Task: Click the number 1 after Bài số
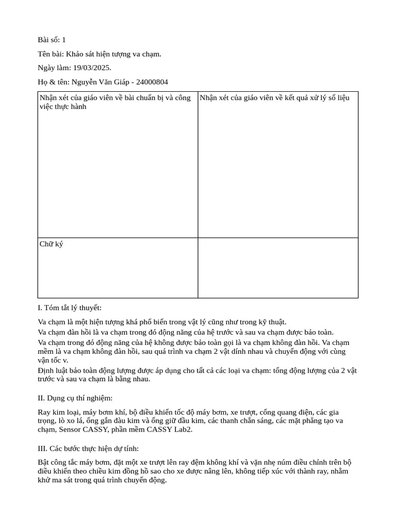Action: [x=63, y=40]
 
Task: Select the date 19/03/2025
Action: [x=92, y=68]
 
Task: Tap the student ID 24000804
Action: [x=152, y=81]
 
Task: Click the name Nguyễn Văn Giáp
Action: [x=100, y=81]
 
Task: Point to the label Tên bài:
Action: [x=50, y=54]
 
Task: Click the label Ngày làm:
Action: [x=54, y=68]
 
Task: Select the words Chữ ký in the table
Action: [x=51, y=244]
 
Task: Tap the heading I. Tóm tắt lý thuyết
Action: [x=70, y=308]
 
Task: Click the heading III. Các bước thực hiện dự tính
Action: [x=88, y=448]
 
